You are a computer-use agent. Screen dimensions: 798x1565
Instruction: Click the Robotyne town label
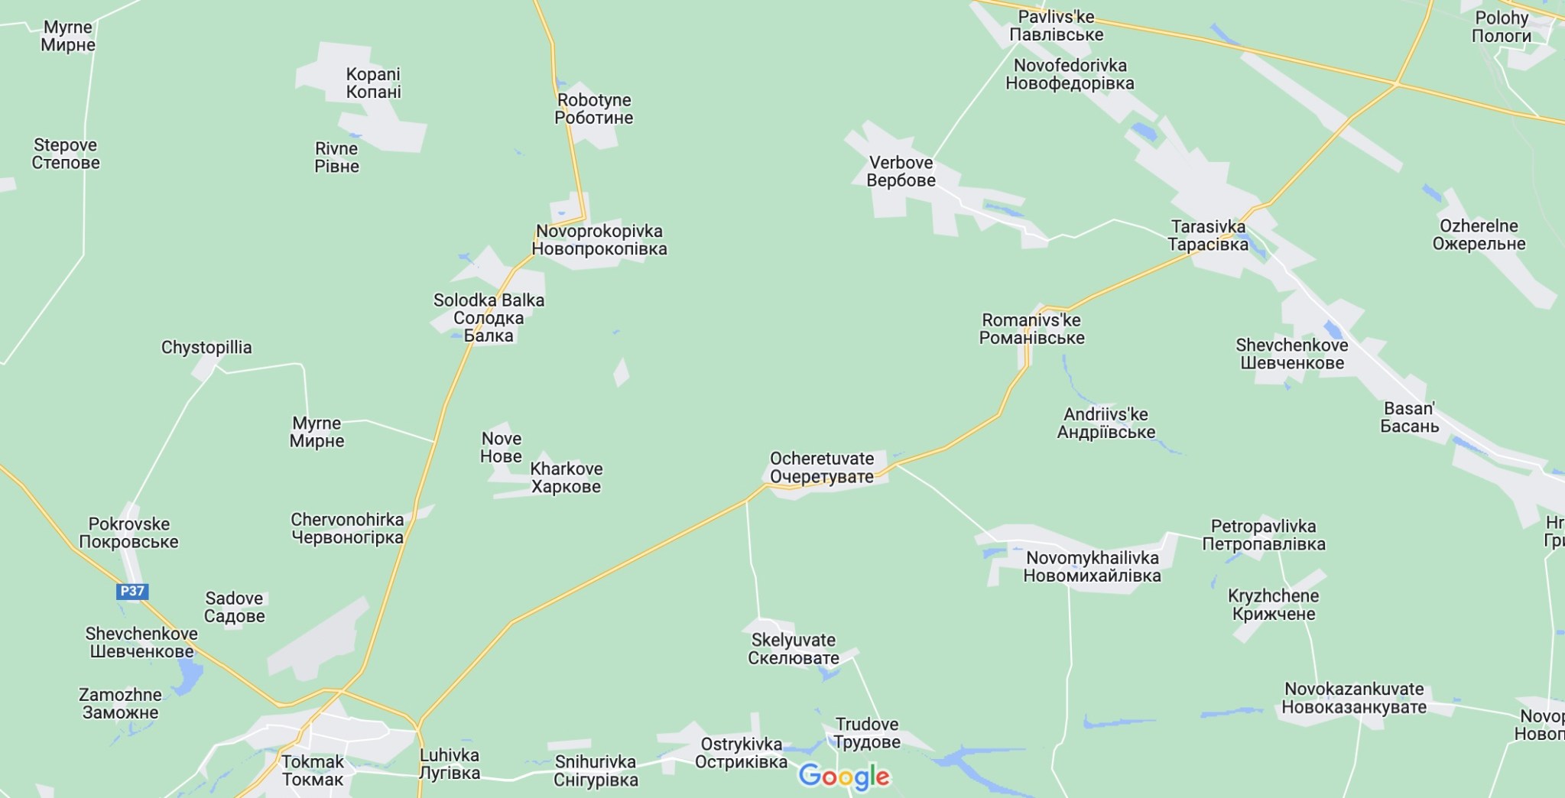[x=594, y=109]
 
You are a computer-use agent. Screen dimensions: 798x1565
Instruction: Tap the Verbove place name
[x=901, y=171]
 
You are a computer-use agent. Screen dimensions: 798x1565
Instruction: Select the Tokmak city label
[x=313, y=770]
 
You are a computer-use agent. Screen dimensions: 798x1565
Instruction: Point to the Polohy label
[x=1502, y=27]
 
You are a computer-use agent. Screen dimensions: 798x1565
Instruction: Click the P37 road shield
[x=132, y=591]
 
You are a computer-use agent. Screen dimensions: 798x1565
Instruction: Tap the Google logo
[x=844, y=777]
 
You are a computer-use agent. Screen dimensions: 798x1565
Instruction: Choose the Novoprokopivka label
[x=599, y=240]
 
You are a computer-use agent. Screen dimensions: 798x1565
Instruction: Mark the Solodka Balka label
[x=489, y=317]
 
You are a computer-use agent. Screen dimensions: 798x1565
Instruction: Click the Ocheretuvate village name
[x=821, y=467]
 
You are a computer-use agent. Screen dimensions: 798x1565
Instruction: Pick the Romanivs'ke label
[x=1031, y=329]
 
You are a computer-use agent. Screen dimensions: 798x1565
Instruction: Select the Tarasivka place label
[x=1208, y=235]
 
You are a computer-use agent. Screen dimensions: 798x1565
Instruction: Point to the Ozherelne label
[x=1479, y=235]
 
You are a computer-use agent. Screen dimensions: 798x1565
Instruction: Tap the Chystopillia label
[x=206, y=348]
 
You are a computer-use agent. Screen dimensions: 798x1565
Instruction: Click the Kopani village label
[x=373, y=83]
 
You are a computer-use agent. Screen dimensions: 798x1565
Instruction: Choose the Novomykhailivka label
[x=1092, y=566]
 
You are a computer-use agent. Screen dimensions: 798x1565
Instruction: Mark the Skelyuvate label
[x=794, y=649]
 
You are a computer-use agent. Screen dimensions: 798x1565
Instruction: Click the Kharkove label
[x=566, y=477]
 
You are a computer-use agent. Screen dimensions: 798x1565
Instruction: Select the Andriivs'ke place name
[x=1106, y=423]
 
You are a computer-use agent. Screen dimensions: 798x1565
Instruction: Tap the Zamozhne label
[x=120, y=703]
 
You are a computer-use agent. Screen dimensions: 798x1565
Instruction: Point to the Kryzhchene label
[x=1274, y=605]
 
